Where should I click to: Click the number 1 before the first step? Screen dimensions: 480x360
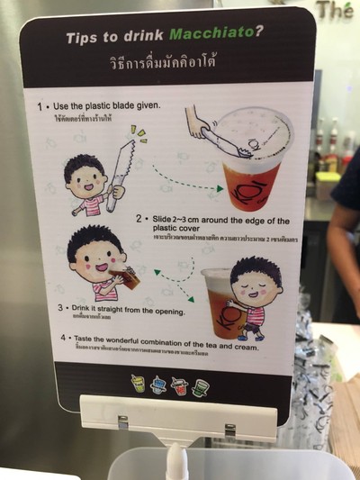[40, 106]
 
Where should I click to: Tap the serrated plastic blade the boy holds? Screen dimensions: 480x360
[120, 172]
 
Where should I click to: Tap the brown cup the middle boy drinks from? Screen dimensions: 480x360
[129, 277]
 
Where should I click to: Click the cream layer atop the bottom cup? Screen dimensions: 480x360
[219, 278]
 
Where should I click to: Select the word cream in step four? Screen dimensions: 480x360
[245, 346]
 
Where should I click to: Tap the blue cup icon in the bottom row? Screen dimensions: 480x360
[157, 385]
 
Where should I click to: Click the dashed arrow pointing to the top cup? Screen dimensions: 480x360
[184, 180]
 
